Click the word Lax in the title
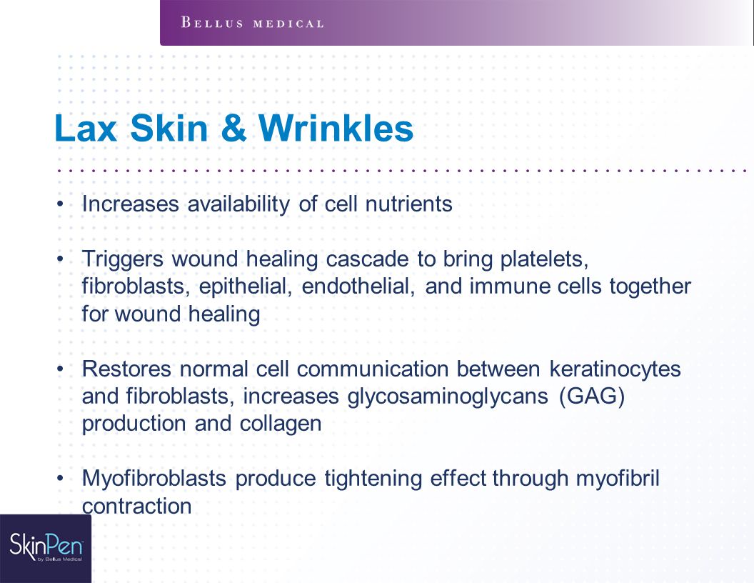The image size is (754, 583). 86,129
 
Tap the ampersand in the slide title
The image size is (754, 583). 234,129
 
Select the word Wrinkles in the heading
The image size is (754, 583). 336,129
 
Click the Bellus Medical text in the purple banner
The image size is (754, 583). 253,23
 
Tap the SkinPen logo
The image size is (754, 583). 46,547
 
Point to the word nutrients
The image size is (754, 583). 408,204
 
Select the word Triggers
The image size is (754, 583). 123,260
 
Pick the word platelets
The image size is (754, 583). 544,260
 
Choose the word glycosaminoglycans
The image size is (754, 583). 448,397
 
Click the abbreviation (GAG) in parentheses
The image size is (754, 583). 593,397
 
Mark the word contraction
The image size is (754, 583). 137,507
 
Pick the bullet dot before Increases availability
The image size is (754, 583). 60,204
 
